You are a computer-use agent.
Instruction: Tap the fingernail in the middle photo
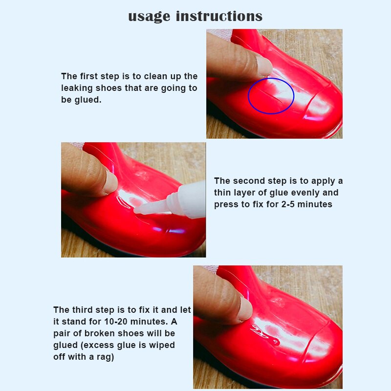tap(110, 182)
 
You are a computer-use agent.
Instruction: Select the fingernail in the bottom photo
tap(244, 308)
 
